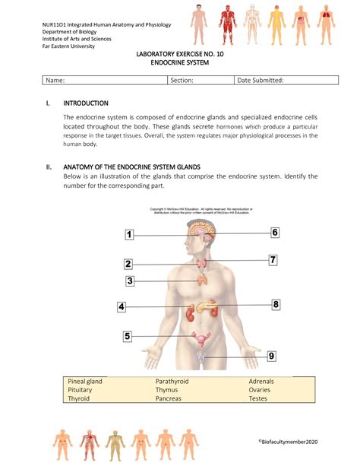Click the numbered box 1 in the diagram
[130, 235]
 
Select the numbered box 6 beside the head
[275, 233]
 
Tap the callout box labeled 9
[271, 355]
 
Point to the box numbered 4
[122, 307]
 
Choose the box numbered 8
[276, 304]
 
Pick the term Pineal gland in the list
[84, 381]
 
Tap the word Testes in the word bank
[261, 398]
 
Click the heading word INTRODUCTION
[85, 103]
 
